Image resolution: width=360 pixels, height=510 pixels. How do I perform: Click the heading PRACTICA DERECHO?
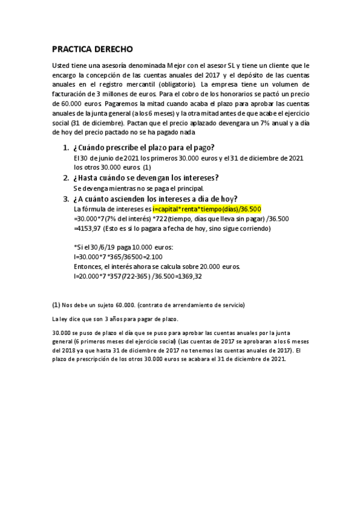[92, 49]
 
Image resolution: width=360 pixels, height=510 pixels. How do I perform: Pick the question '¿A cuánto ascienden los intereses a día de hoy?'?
[156, 199]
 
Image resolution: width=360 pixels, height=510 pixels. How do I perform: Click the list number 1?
[66, 148]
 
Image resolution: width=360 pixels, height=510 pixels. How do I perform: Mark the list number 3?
[66, 199]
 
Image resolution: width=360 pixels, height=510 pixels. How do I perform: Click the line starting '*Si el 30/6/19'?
[123, 247]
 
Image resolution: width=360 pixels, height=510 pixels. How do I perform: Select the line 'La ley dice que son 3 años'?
[115, 319]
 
